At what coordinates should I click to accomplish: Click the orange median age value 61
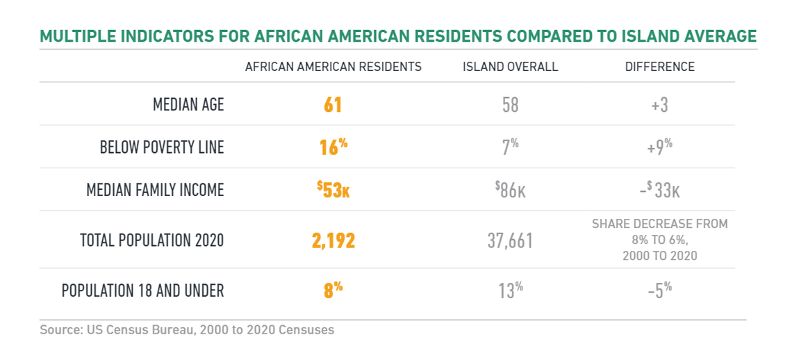point(333,105)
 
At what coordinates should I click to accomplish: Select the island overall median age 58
point(510,105)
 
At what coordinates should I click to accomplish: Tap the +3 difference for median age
point(659,105)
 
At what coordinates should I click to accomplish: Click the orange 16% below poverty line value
point(333,147)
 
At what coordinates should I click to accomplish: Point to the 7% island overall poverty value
point(510,147)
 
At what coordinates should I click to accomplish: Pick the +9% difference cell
point(659,147)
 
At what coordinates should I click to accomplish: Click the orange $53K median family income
point(333,190)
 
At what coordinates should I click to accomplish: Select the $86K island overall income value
point(510,190)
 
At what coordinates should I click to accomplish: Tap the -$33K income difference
point(659,190)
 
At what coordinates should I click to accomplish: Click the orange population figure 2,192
point(333,240)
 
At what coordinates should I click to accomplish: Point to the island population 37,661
point(510,240)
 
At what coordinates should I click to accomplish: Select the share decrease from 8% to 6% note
point(659,240)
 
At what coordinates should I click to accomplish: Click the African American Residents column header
point(333,67)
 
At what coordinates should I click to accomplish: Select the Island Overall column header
point(510,67)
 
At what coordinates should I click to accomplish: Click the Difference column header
point(659,67)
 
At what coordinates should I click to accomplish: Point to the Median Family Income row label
point(155,190)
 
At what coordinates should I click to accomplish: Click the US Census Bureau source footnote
point(187,329)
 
